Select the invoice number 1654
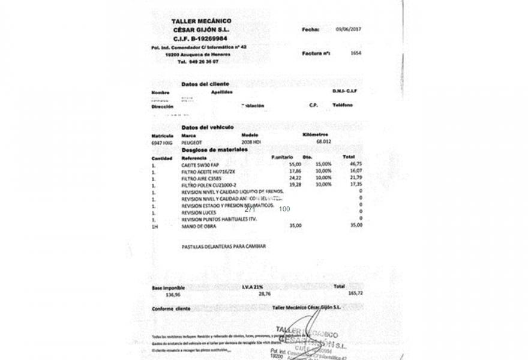pos(356,53)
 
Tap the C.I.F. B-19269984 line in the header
pos(200,38)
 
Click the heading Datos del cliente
pos(205,84)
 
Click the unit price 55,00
pos(295,163)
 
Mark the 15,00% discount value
pos(323,163)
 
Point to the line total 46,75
pos(356,163)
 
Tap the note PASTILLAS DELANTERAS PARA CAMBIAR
pos(223,246)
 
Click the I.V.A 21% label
pos(253,287)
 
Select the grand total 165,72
pos(356,294)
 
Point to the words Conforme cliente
pos(171,308)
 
